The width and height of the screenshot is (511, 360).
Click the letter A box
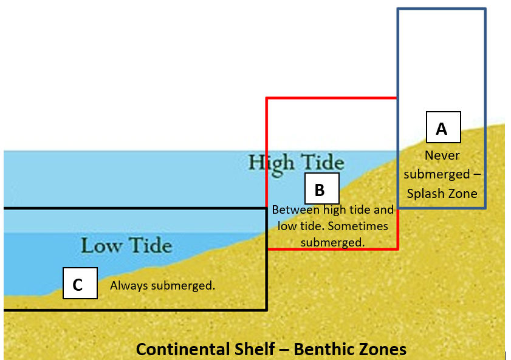tap(443, 127)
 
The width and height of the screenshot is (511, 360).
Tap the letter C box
tap(80, 284)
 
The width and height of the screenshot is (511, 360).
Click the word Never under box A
tap(442, 155)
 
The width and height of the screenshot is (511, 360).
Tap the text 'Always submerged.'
tap(162, 285)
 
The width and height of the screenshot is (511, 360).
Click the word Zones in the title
tap(386, 350)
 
